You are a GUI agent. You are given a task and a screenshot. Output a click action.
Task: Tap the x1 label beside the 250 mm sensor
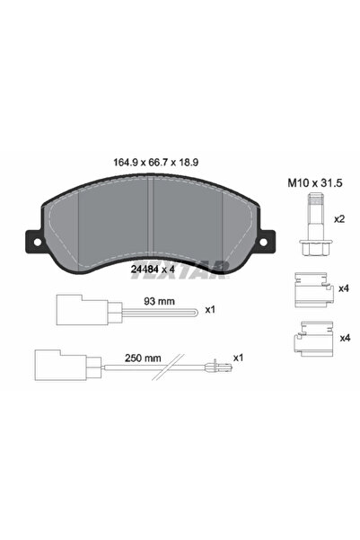pyautogui.click(x=239, y=357)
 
